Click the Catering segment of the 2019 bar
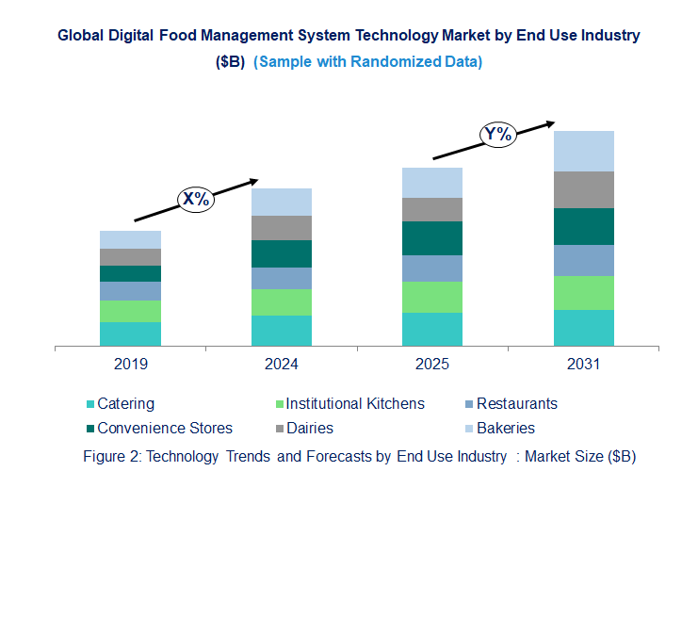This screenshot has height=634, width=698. (x=130, y=334)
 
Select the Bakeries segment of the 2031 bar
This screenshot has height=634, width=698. (x=583, y=151)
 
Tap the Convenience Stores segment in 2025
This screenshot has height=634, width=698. (x=432, y=238)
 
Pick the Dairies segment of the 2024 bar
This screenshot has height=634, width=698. (x=281, y=228)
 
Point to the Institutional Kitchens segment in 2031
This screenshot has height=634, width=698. (x=583, y=293)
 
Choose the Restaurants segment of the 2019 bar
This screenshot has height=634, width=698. (x=130, y=291)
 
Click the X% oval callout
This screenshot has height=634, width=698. (x=196, y=199)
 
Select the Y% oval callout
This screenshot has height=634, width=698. (x=497, y=135)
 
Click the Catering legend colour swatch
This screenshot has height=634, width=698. (x=90, y=404)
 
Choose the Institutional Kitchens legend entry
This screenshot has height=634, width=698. (x=355, y=404)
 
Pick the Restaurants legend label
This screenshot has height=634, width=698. (x=516, y=404)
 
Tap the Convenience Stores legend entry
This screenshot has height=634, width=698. (x=165, y=429)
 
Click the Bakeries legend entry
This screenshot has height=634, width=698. (x=505, y=429)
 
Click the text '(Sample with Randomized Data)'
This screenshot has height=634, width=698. (x=368, y=61)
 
